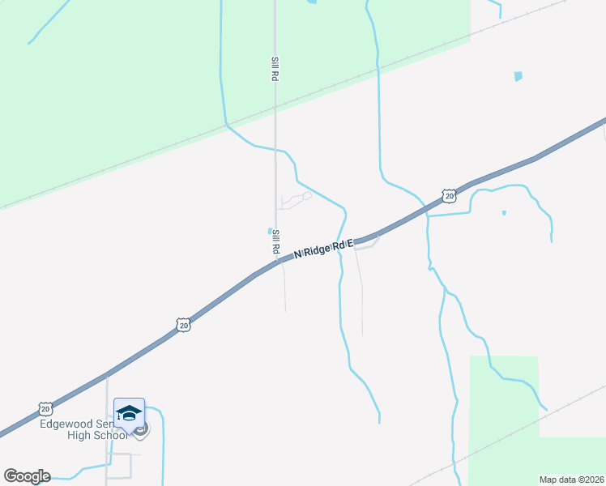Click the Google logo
27,476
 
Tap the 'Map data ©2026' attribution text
572,480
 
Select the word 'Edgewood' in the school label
64,424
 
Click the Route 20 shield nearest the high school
45,408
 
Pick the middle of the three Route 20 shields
184,325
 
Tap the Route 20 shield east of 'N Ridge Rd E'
449,195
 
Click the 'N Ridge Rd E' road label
324,248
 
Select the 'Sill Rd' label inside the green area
275,68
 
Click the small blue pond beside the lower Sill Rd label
270,231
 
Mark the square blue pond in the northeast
518,76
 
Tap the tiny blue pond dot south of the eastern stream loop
504,213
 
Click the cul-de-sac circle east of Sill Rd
307,195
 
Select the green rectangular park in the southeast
503,405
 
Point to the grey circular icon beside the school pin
141,429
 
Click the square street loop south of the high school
121,465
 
